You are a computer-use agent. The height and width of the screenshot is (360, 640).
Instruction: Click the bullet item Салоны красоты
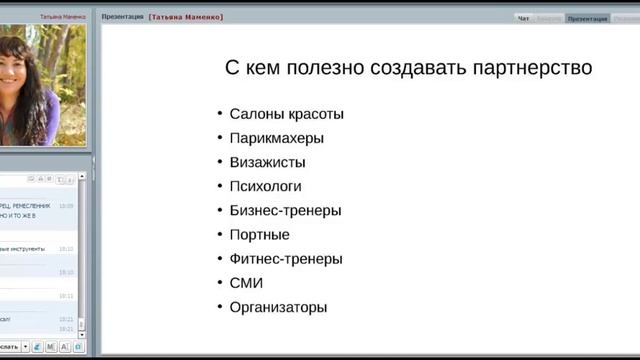click(x=286, y=114)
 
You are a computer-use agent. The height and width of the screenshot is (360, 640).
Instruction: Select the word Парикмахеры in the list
click(x=276, y=138)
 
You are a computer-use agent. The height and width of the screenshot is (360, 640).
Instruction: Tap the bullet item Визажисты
click(x=267, y=162)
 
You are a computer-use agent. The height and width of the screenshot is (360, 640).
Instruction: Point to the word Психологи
click(x=265, y=186)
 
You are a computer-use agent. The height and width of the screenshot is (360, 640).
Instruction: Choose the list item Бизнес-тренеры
click(x=285, y=211)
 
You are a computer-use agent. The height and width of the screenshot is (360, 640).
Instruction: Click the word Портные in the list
click(x=259, y=235)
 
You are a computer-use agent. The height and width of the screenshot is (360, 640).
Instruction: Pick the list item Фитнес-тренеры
click(x=286, y=259)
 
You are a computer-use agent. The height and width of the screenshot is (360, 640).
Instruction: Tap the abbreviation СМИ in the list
click(x=246, y=283)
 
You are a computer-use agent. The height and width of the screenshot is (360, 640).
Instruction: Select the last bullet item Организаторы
click(x=278, y=308)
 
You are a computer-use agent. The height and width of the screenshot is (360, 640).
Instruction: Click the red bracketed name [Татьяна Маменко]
click(x=186, y=17)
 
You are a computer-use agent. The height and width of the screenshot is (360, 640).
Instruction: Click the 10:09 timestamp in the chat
click(x=66, y=206)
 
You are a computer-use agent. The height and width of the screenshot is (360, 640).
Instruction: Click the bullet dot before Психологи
click(x=220, y=186)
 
